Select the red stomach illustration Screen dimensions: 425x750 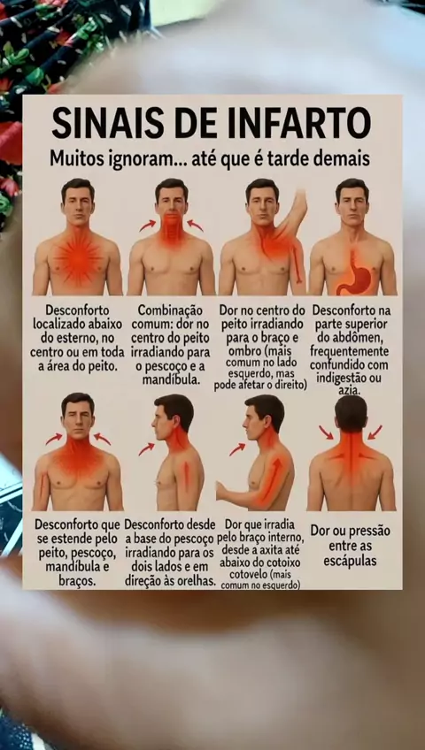pos(355,273)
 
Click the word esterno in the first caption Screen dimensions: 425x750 pos(69,339)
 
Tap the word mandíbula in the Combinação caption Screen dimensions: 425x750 pos(170,380)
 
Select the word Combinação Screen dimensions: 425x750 pos(170,310)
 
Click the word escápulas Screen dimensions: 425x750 pos(351,561)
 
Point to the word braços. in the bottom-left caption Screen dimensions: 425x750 pos(77,581)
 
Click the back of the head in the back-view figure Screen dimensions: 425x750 pos(351,412)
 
